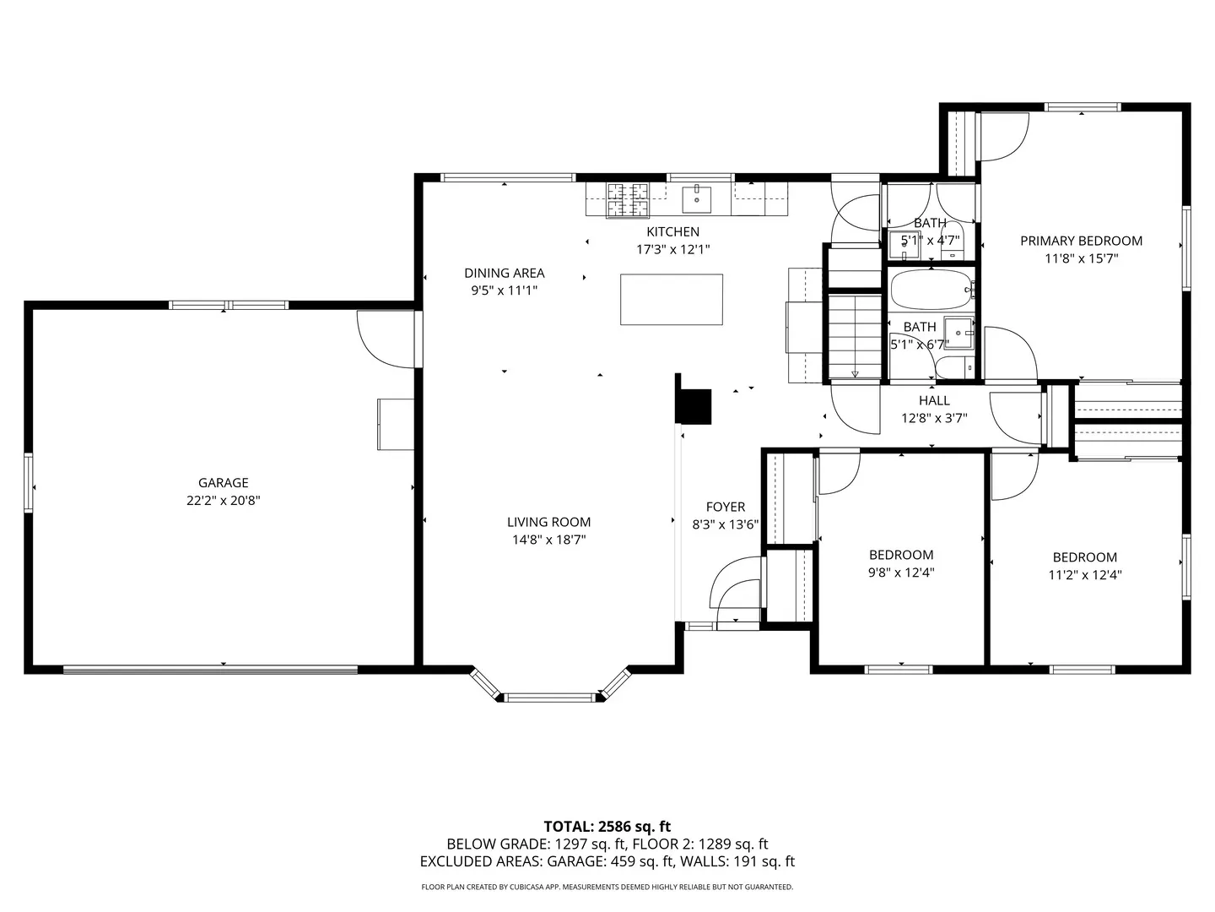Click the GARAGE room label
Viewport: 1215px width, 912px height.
pyautogui.click(x=224, y=483)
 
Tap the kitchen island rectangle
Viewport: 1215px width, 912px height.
pyautogui.click(x=671, y=300)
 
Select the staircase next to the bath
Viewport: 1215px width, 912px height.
pyautogui.click(x=854, y=335)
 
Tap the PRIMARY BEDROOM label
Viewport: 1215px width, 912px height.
pyautogui.click(x=1081, y=241)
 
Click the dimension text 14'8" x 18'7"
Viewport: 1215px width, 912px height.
pyautogui.click(x=548, y=540)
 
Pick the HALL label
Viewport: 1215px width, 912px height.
pyautogui.click(x=934, y=400)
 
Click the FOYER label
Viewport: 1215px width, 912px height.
pyautogui.click(x=726, y=507)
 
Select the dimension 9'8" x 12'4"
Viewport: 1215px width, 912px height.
pyautogui.click(x=901, y=573)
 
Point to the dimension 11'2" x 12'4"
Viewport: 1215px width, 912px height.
pyautogui.click(x=1084, y=575)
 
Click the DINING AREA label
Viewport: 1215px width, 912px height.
pyautogui.click(x=504, y=273)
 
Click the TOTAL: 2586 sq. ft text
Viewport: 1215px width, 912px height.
pyautogui.click(x=607, y=826)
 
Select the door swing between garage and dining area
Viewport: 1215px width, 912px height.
pyautogui.click(x=384, y=339)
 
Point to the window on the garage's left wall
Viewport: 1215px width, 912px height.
pyautogui.click(x=29, y=483)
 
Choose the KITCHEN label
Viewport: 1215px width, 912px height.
pyautogui.click(x=672, y=231)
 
